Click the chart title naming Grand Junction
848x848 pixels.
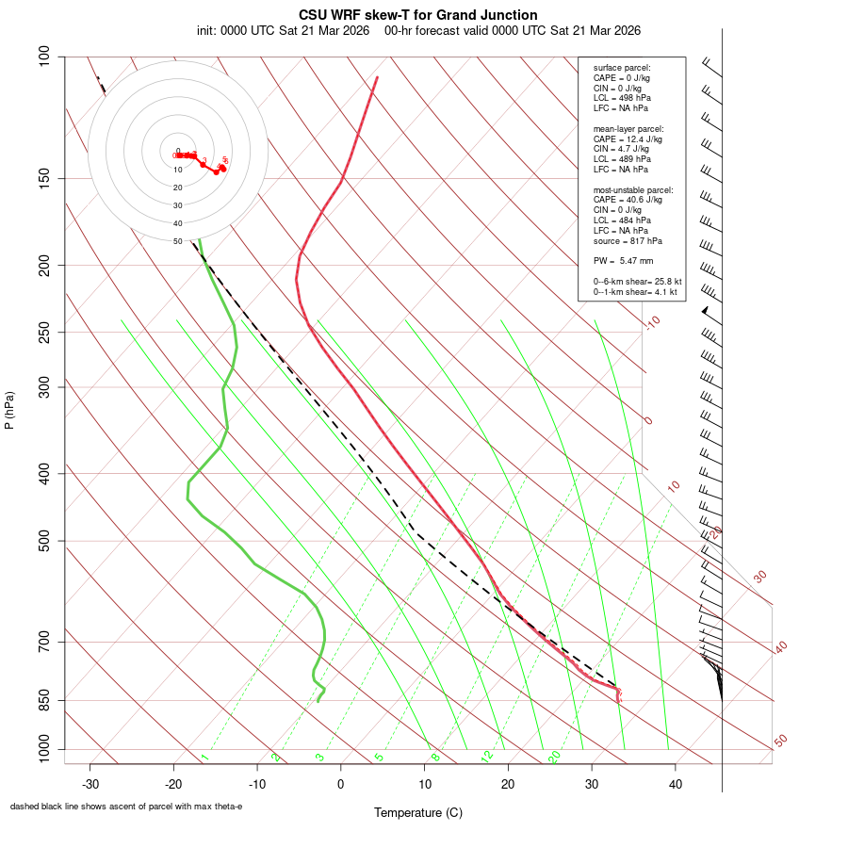[418, 15]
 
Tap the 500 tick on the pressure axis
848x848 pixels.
[45, 541]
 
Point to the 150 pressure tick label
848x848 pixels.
[45, 178]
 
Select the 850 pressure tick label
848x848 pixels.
[45, 700]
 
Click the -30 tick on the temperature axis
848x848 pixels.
[90, 785]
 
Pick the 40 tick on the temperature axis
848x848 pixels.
[676, 785]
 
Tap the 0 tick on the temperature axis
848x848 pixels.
[341, 785]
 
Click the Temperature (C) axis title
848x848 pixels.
[418, 812]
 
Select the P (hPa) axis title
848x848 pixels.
[9, 410]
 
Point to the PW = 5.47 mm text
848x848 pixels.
[623, 261]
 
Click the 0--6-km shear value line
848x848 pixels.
[637, 282]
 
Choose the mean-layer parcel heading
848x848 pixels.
[628, 128]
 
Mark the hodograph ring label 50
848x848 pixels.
[177, 242]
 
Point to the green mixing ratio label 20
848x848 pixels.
[555, 756]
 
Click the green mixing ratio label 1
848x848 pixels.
[204, 758]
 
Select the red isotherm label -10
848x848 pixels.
[651, 322]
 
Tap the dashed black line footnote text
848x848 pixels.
[126, 807]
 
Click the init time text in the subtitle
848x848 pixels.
[284, 30]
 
